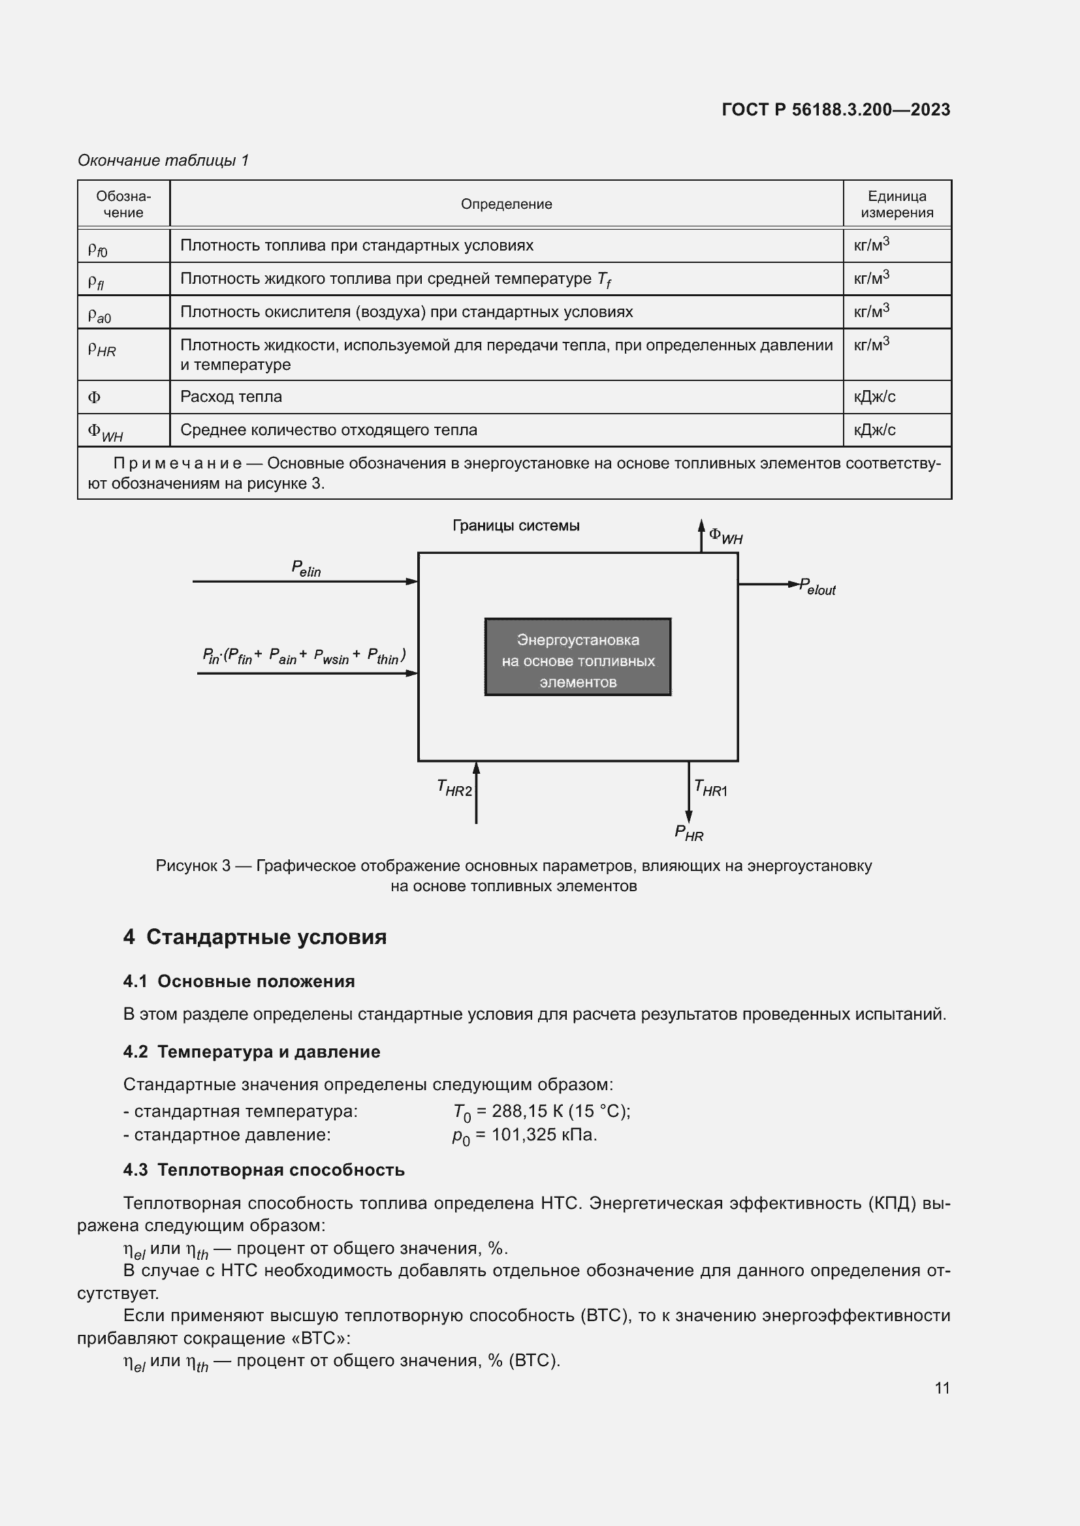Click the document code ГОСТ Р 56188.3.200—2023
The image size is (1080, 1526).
click(835, 110)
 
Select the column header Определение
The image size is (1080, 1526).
click(506, 204)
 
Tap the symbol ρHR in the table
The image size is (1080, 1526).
click(102, 349)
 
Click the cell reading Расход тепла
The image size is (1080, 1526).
click(230, 397)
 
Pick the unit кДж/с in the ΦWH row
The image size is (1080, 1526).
click(874, 430)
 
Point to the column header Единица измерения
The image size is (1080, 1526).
click(897, 204)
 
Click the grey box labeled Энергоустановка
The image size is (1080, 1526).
click(577, 657)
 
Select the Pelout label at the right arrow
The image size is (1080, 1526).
click(818, 587)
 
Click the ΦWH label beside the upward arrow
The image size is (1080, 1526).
click(725, 536)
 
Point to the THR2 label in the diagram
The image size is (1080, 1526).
click(454, 787)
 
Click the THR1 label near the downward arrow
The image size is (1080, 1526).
click(710, 788)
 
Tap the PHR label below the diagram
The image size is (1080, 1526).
click(689, 832)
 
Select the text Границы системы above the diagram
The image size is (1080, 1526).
click(515, 526)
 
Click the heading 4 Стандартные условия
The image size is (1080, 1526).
click(255, 937)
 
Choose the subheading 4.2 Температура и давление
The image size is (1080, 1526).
click(251, 1052)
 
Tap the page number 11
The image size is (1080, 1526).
click(942, 1388)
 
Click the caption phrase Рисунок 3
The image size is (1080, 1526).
click(193, 866)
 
